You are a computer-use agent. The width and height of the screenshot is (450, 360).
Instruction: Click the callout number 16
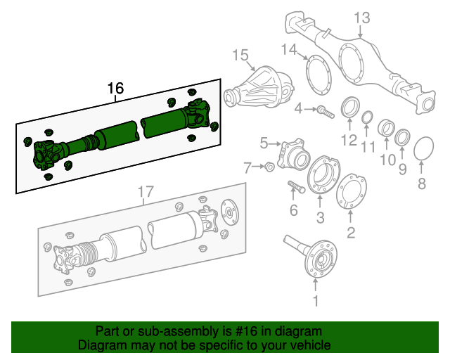(x=115, y=89)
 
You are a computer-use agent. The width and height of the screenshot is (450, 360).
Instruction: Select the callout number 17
(x=144, y=191)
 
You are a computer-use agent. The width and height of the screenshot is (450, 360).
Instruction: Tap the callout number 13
(x=361, y=18)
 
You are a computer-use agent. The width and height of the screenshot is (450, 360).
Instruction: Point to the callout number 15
(x=240, y=55)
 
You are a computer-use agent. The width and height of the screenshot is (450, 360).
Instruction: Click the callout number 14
(x=290, y=49)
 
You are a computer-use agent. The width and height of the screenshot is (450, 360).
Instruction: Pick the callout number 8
(x=422, y=184)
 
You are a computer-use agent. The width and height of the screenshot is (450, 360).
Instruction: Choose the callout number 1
(x=316, y=302)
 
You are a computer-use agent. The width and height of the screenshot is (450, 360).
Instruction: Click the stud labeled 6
(x=295, y=188)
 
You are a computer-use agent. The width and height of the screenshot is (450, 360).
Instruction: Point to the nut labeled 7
(x=269, y=167)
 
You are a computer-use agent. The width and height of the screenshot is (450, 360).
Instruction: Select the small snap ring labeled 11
(x=368, y=117)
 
